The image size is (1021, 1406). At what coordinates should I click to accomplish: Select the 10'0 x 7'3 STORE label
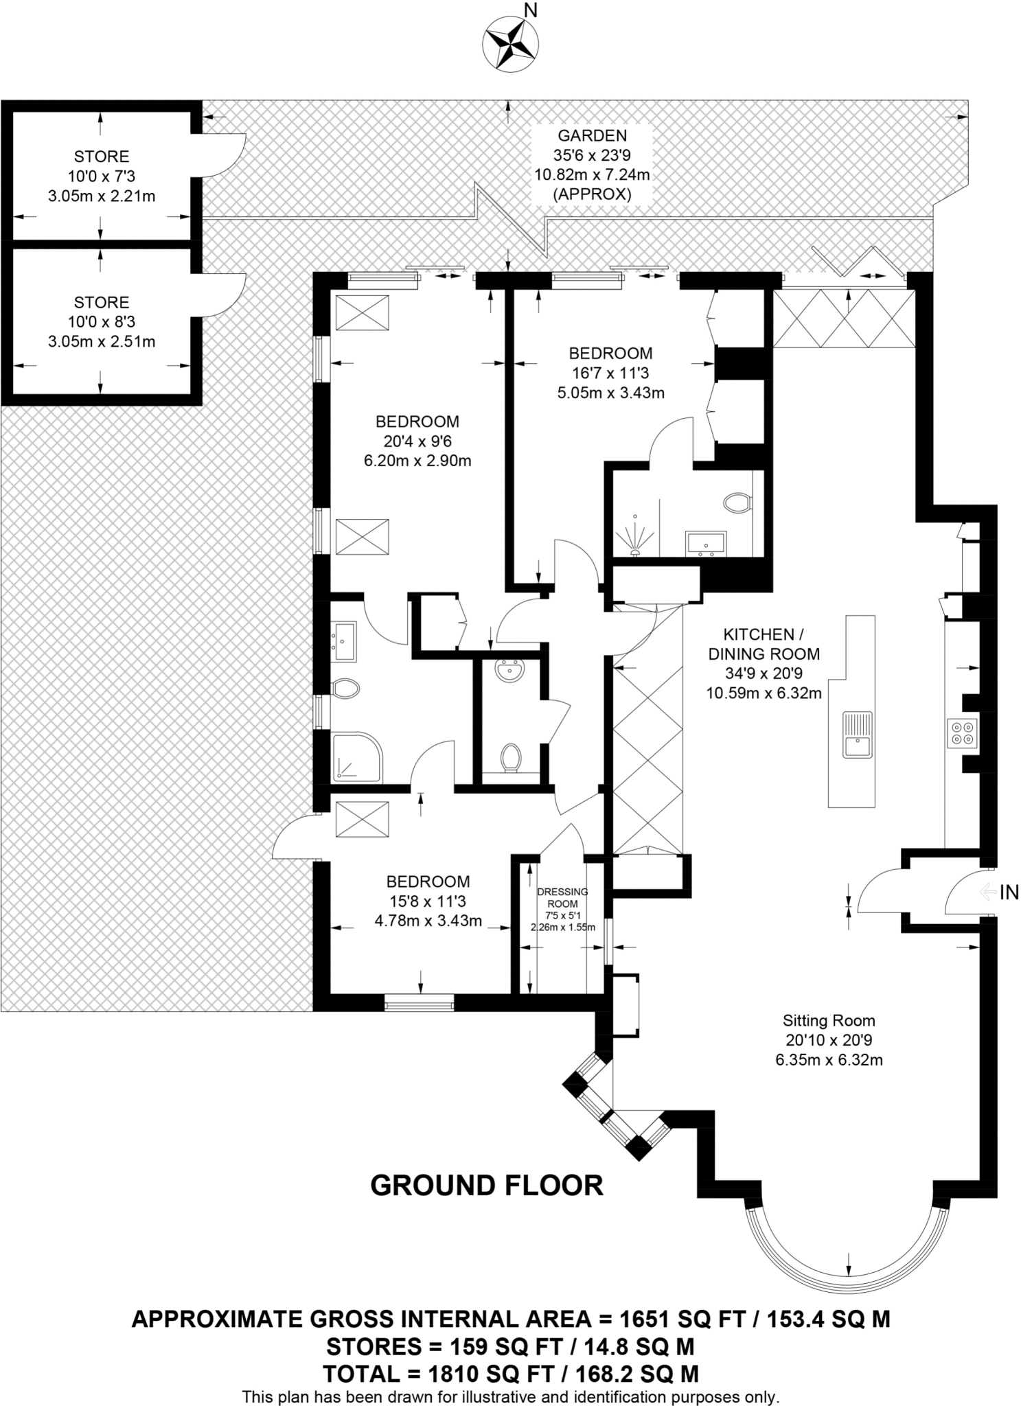pyautogui.click(x=102, y=176)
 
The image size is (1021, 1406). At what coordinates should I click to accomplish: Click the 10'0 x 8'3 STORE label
pyautogui.click(x=102, y=322)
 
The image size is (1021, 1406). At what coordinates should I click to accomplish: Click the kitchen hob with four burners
pyautogui.click(x=961, y=733)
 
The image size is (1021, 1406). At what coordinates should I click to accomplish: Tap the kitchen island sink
pyautogui.click(x=858, y=735)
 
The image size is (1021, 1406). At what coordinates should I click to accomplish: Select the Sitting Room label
pyautogui.click(x=829, y=1039)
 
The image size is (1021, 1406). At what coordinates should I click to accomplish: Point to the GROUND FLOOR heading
pyautogui.click(x=486, y=1186)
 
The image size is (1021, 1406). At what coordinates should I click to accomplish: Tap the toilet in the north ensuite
pyautogui.click(x=737, y=503)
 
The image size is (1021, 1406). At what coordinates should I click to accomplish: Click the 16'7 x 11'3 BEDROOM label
pyautogui.click(x=610, y=373)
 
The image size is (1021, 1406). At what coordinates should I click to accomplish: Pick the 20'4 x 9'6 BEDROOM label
pyautogui.click(x=417, y=441)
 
